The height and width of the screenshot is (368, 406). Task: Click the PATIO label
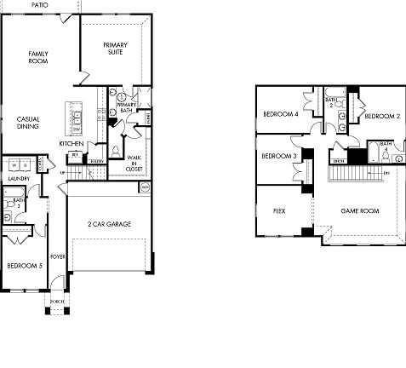coord(39,5)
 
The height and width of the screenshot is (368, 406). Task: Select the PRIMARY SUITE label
coord(115,48)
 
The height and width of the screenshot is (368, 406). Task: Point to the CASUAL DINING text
coord(27,123)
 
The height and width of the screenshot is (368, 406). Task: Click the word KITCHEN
coord(71,144)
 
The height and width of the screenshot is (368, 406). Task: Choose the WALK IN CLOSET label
coord(134,164)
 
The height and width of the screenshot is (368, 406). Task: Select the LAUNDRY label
coord(20,178)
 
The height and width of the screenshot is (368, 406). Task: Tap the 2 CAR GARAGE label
coord(108,223)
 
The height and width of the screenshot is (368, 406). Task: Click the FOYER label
coord(58,256)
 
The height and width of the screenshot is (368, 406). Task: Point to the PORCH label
coord(57,302)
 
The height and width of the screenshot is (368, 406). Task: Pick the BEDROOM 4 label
coord(279,115)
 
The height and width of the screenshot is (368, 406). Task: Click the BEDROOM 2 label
coord(382,116)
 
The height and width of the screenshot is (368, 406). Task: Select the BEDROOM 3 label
coord(278,156)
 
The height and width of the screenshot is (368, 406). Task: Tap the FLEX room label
coord(278,210)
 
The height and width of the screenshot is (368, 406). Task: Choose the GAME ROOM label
coord(358,210)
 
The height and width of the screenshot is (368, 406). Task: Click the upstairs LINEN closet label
coord(338,160)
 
